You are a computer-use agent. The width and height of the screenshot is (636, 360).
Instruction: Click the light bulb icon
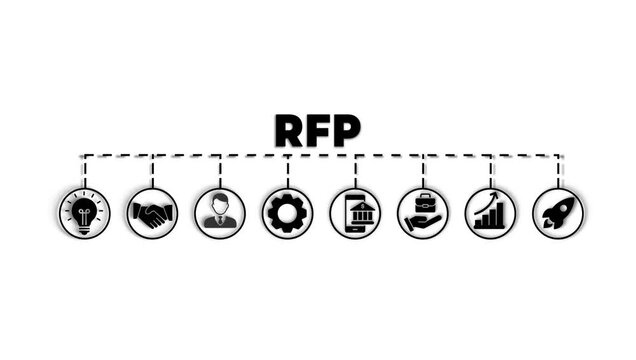(x=85, y=213)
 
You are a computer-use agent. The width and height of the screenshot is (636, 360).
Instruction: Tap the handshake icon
(x=152, y=213)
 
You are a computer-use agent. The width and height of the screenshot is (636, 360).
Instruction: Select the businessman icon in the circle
(x=220, y=213)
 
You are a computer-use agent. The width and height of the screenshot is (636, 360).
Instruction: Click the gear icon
(x=288, y=213)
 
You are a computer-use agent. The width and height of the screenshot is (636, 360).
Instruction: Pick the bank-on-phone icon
(x=355, y=213)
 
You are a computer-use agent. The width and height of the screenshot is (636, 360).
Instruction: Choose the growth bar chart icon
(x=490, y=213)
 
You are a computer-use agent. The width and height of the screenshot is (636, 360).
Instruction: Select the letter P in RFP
(x=346, y=131)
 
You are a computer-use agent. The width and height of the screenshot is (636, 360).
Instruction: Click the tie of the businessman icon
(x=220, y=221)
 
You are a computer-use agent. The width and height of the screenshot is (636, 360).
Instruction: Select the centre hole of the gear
(x=288, y=213)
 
